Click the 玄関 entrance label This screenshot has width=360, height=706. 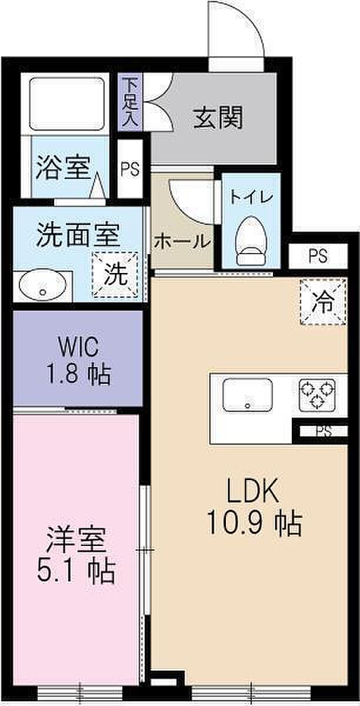click(218, 118)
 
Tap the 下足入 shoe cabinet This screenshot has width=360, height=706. click(130, 102)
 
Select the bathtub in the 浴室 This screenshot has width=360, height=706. click(67, 104)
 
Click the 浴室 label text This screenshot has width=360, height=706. click(64, 168)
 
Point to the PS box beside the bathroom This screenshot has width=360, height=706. click(130, 169)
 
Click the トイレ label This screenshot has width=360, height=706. click(251, 198)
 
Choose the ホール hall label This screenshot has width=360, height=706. click(182, 242)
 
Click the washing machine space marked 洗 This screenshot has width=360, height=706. click(115, 275)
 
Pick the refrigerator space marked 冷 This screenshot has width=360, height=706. click(324, 302)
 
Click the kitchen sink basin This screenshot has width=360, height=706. click(248, 395)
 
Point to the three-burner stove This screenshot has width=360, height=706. click(317, 395)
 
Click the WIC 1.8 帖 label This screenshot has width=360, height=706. click(78, 360)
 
